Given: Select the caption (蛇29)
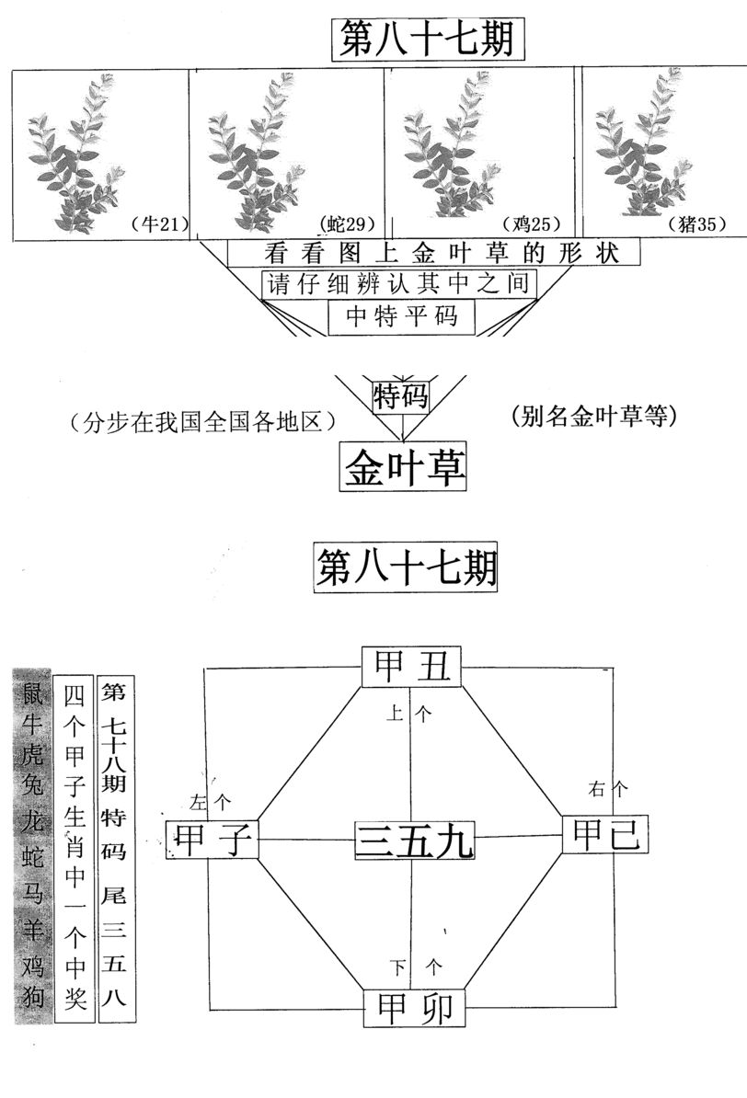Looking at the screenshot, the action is [x=347, y=223].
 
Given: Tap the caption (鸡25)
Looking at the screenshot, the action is [x=532, y=223].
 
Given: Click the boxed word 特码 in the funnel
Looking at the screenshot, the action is [x=401, y=395].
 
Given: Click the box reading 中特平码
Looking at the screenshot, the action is [x=401, y=316].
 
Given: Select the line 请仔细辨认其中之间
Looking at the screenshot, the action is [x=398, y=283].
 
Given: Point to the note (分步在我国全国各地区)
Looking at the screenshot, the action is [x=203, y=422].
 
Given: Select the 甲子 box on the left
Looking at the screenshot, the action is [x=213, y=839].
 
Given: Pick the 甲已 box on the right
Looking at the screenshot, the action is [x=606, y=834].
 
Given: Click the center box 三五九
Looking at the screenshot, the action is [x=414, y=841].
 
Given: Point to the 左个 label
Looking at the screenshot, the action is [x=210, y=801].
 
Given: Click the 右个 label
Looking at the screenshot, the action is [x=607, y=788].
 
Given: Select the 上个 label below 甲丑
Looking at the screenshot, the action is [x=409, y=714].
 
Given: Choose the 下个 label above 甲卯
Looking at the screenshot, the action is [x=416, y=967].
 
